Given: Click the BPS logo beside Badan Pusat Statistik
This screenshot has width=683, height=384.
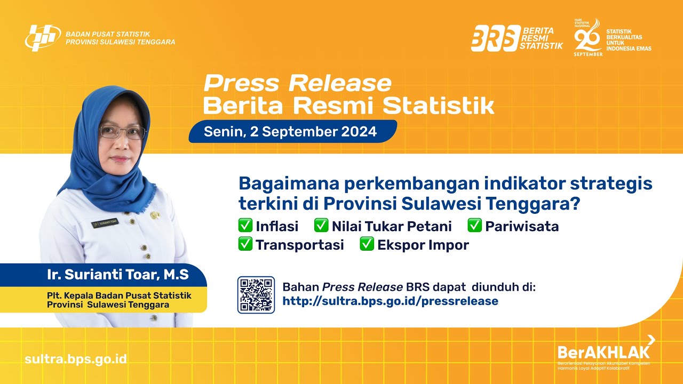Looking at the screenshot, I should pyautogui.click(x=43, y=38).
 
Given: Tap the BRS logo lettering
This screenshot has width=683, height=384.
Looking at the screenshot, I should pyautogui.click(x=495, y=38).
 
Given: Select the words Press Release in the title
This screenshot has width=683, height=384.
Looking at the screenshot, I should pyautogui.click(x=297, y=84).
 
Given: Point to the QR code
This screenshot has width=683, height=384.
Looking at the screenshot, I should pyautogui.click(x=256, y=294).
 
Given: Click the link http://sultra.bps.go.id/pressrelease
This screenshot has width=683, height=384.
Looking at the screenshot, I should pyautogui.click(x=390, y=301).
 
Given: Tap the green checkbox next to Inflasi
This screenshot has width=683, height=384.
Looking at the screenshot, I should pyautogui.click(x=245, y=226).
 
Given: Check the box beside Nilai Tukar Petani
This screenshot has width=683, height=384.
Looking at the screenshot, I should pyautogui.click(x=321, y=226).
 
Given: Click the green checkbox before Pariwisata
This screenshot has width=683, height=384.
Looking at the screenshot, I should pyautogui.click(x=474, y=226).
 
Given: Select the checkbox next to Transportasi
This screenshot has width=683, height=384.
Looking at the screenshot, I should pyautogui.click(x=245, y=244).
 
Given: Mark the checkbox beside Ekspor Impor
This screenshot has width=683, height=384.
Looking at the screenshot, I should pyautogui.click(x=367, y=244).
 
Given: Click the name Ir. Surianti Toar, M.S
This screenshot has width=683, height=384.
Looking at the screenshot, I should pyautogui.click(x=117, y=275).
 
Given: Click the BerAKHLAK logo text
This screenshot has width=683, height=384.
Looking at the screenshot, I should pyautogui.click(x=603, y=352).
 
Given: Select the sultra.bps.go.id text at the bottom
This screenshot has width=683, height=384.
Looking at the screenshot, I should pyautogui.click(x=76, y=358).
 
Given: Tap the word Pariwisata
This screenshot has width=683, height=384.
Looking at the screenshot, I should pyautogui.click(x=522, y=226).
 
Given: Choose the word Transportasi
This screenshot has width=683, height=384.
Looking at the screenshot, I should pyautogui.click(x=300, y=245).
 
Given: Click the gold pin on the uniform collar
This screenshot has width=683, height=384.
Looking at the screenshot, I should pyautogui.click(x=155, y=215).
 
